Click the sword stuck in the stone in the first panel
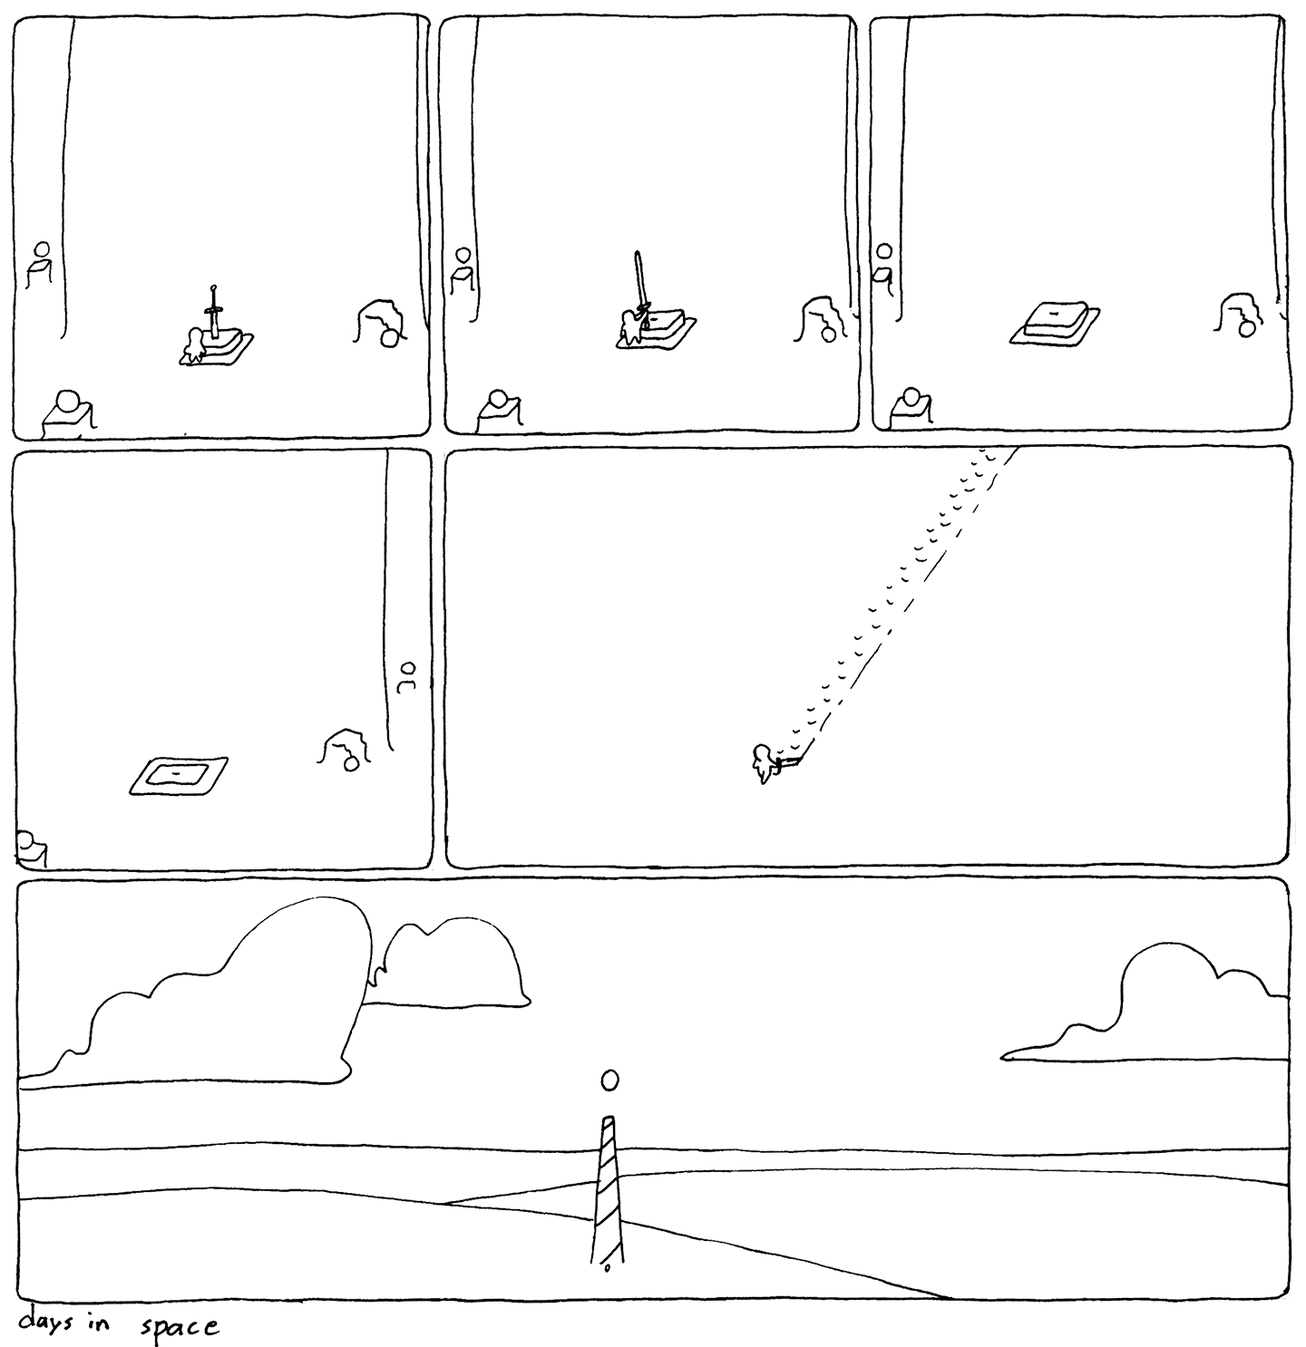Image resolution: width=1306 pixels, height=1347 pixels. pyautogui.click(x=213, y=312)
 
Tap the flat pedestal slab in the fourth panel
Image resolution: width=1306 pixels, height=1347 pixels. pyautogui.click(x=179, y=775)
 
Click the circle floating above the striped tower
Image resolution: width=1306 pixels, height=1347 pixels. pyautogui.click(x=609, y=1079)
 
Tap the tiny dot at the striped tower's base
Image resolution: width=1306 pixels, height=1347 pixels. pyautogui.click(x=607, y=1268)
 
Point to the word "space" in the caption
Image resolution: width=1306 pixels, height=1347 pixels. pyautogui.click(x=180, y=1327)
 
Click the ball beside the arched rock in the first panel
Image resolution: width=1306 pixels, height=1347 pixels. pyautogui.click(x=391, y=338)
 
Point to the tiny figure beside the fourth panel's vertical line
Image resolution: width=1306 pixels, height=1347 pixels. pyautogui.click(x=407, y=677)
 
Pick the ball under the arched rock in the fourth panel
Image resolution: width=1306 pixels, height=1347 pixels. pyautogui.click(x=351, y=764)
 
